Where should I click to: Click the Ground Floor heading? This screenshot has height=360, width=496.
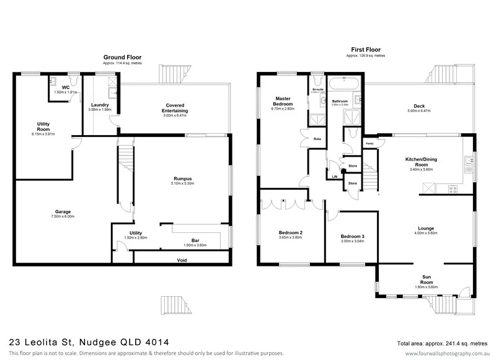click(119, 56)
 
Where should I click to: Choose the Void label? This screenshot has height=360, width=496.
click(182, 260)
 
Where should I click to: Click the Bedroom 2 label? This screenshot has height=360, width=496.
click(290, 232)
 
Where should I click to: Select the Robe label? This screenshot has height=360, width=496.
click(316, 139)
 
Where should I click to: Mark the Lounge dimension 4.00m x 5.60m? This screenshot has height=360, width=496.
click(426, 234)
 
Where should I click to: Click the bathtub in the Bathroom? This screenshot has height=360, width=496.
click(339, 83)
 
